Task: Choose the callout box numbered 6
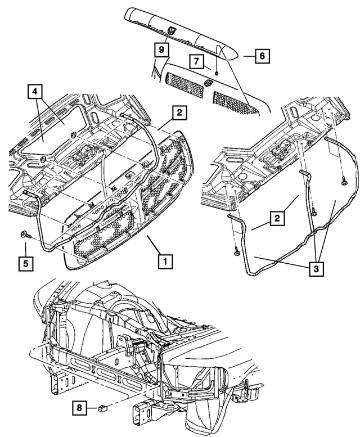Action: coord(262,56)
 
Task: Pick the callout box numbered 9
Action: coord(161,49)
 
